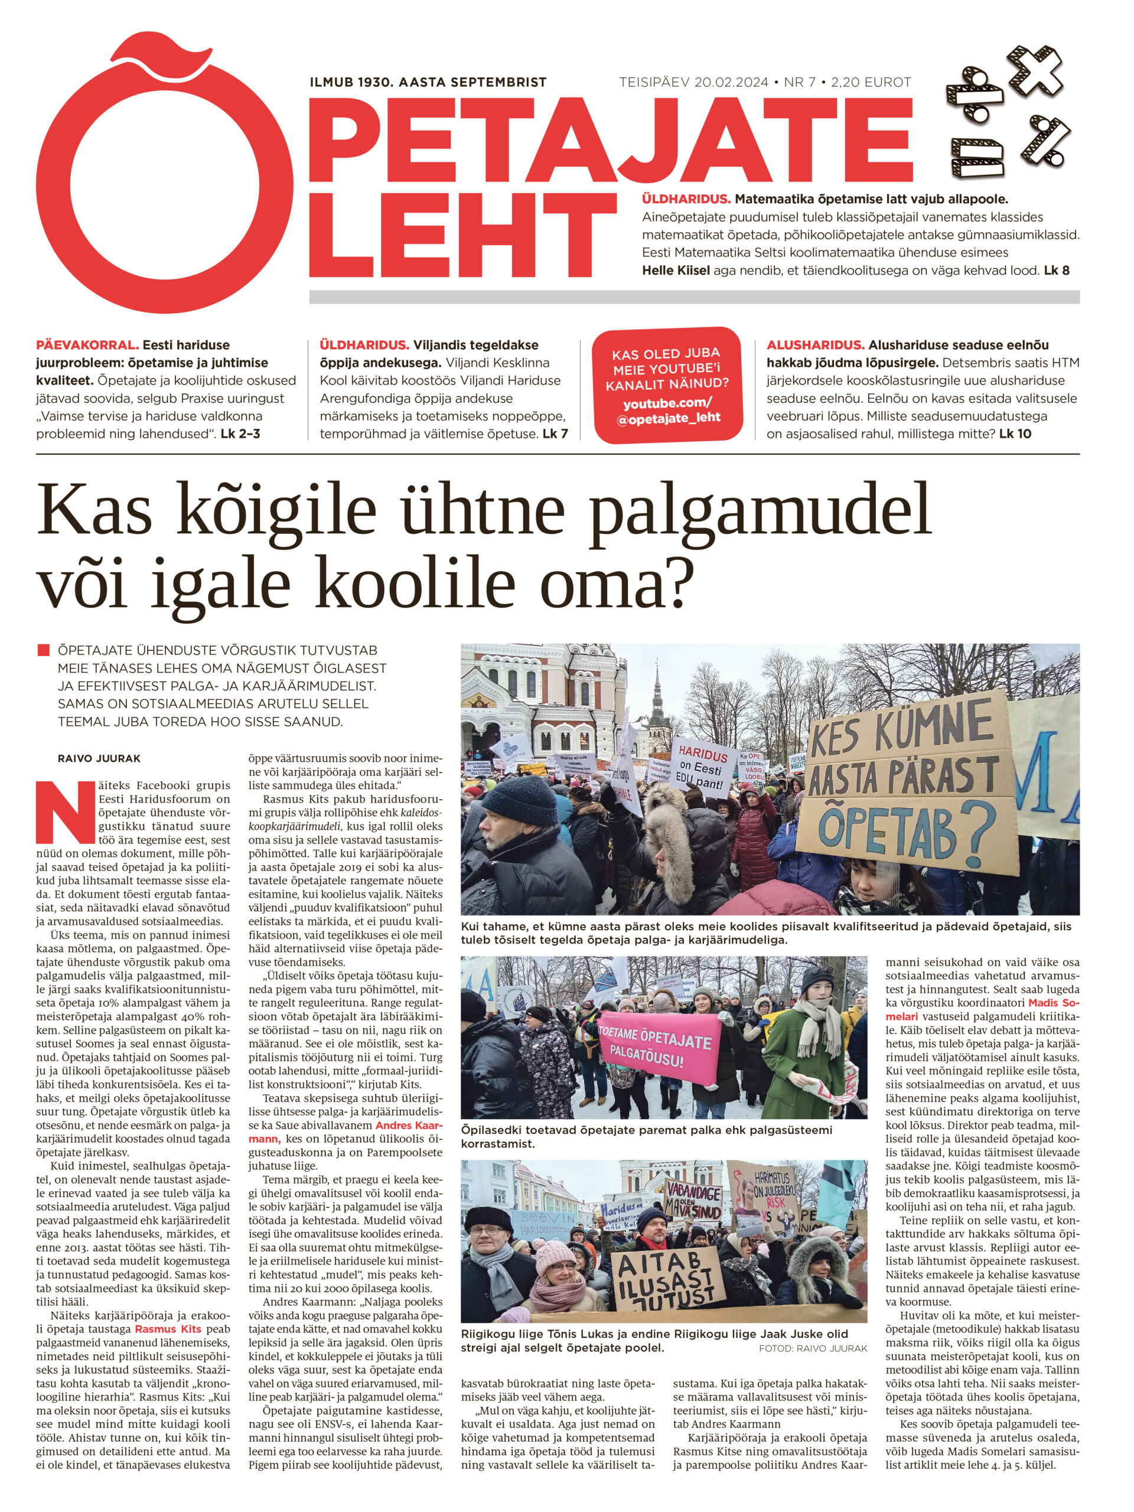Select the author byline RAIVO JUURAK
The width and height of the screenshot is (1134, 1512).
point(99,759)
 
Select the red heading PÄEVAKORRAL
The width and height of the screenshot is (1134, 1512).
point(87,345)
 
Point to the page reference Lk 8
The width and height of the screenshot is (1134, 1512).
point(1056,270)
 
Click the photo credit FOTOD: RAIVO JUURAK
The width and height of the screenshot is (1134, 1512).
point(812,1348)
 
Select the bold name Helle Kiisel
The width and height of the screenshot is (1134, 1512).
point(675,270)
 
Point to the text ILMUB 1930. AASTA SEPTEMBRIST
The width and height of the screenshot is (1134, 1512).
point(428,83)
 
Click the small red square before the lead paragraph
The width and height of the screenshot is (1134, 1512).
point(44,650)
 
